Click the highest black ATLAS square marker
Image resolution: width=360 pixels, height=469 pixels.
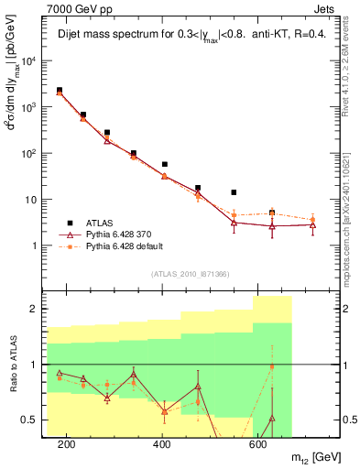pyautogui.click(x=60, y=91)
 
